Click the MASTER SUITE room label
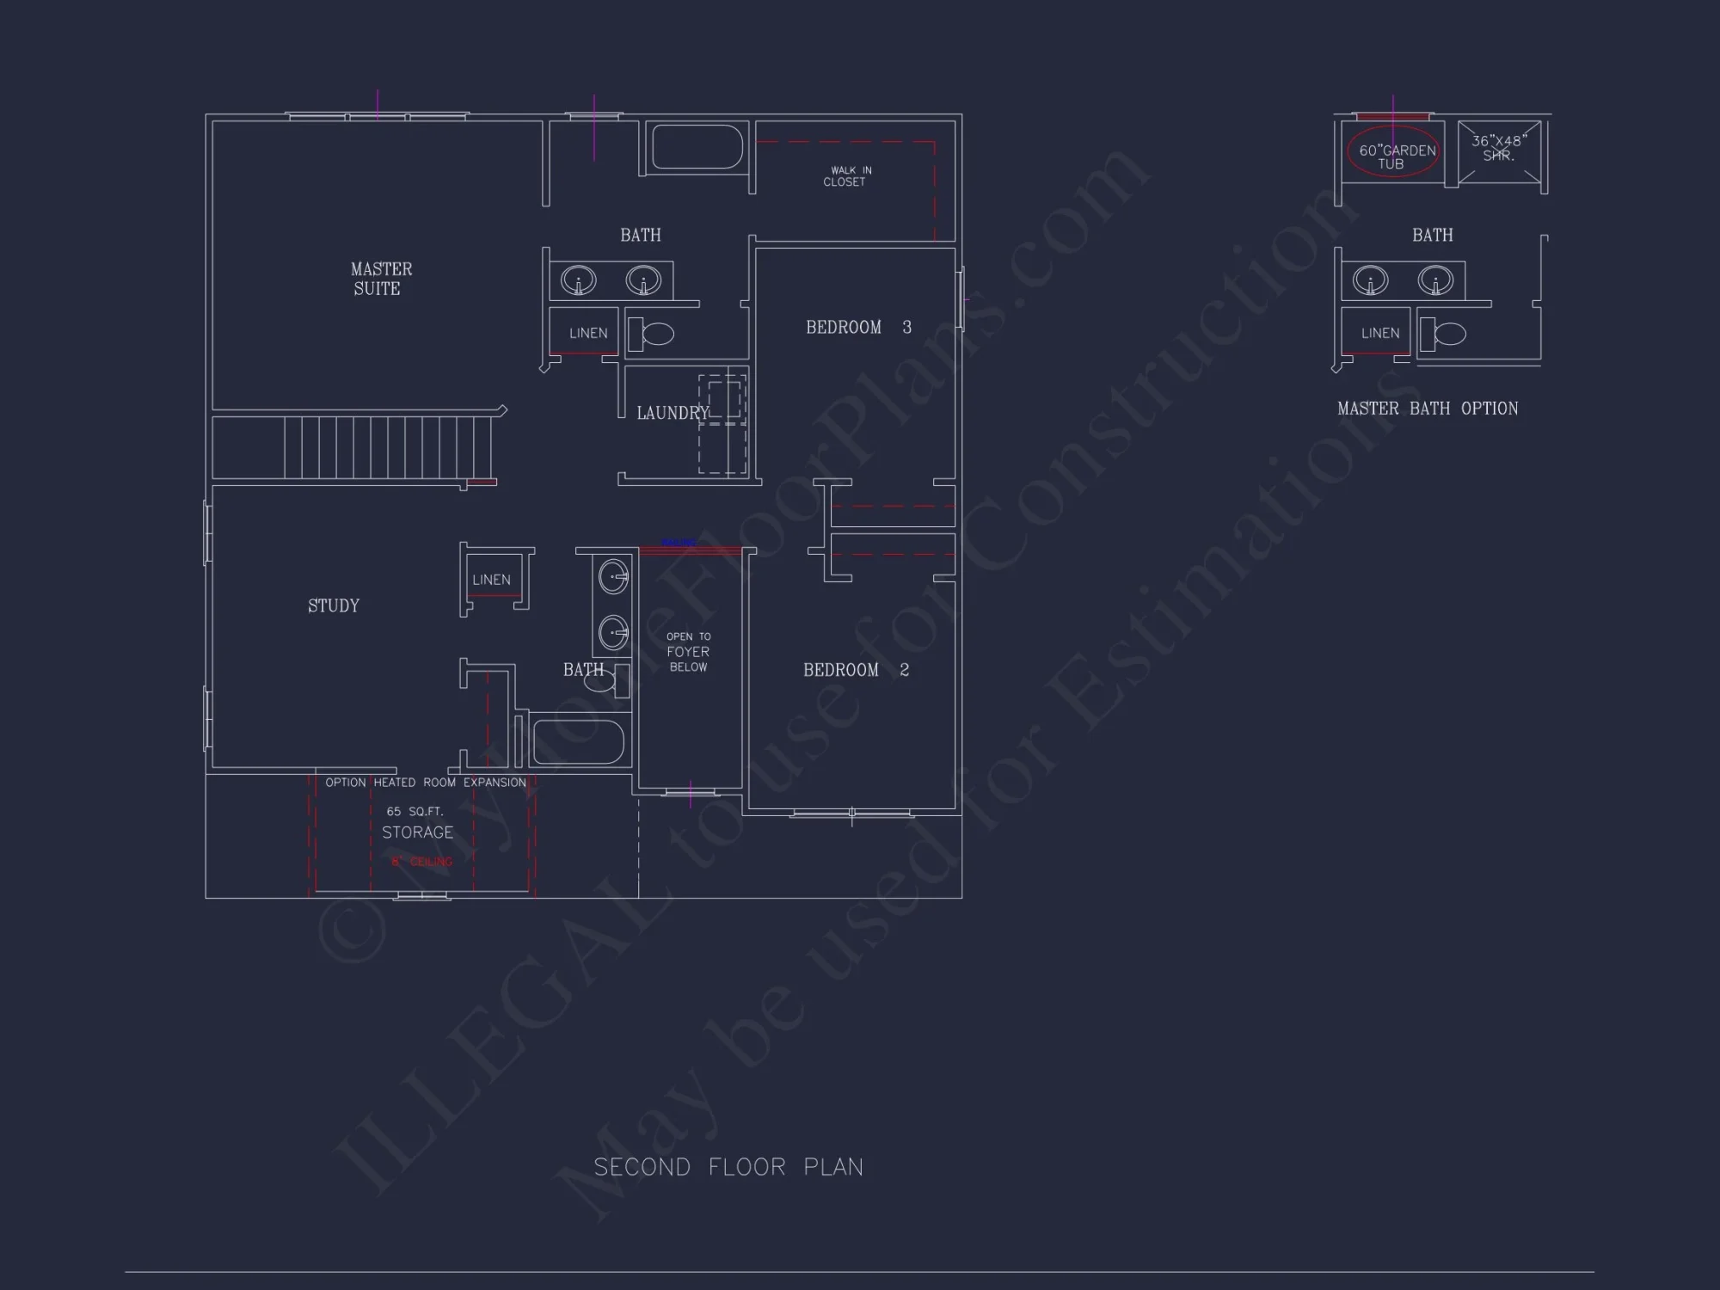[380, 279]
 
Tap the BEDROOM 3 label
[857, 327]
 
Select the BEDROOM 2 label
[855, 670]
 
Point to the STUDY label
[334, 605]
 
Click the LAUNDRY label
[672, 413]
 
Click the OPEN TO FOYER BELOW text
[688, 652]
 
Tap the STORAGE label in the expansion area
[417, 832]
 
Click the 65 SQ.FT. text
[415, 811]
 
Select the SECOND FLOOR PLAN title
[728, 1167]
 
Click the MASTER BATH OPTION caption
[1428, 408]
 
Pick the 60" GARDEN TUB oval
[1392, 152]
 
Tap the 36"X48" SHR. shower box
[1499, 152]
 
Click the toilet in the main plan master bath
[652, 334]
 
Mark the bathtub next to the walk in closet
[697, 147]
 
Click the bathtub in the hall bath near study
[578, 741]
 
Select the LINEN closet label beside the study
[491, 580]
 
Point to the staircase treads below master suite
[387, 446]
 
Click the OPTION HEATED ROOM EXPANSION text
[426, 783]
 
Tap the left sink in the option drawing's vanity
[1370, 280]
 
